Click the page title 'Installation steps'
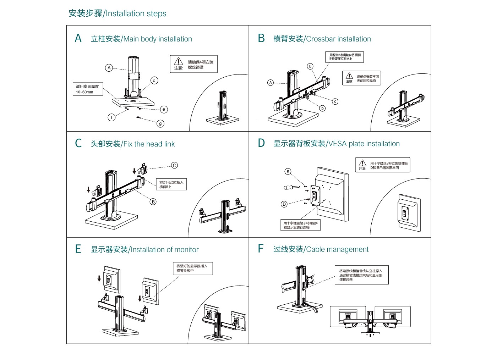pyautogui.click(x=118, y=13)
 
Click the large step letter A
pyautogui.click(x=78, y=38)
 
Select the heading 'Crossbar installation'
pyautogui.click(x=322, y=39)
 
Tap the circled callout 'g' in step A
pyautogui.click(x=160, y=123)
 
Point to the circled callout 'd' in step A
pyautogui.click(x=154, y=81)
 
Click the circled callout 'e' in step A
pyautogui.click(x=164, y=109)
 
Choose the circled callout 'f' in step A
pyautogui.click(x=111, y=117)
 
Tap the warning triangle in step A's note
pyautogui.click(x=179, y=61)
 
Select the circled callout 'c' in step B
pyautogui.click(x=335, y=101)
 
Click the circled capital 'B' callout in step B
pyautogui.click(x=310, y=66)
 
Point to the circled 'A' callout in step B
pyautogui.click(x=271, y=83)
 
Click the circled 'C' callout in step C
pyautogui.click(x=174, y=165)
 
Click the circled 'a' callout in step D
pyautogui.click(x=288, y=171)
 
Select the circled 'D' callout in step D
pyautogui.click(x=284, y=204)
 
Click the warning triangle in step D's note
pyautogui.click(x=362, y=163)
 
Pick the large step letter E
pyautogui.click(x=78, y=249)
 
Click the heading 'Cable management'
pyautogui.click(x=321, y=249)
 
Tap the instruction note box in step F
pyautogui.click(x=361, y=275)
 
